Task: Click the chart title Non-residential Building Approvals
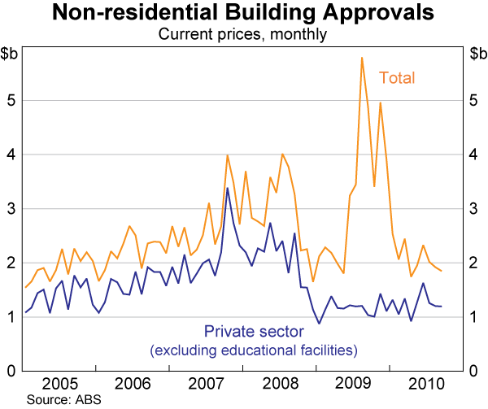pyautogui.click(x=243, y=14)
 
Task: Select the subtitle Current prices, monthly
pyautogui.click(x=243, y=34)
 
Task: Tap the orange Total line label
pyautogui.click(x=397, y=78)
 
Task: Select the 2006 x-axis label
pyautogui.click(x=133, y=384)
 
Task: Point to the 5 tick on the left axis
pyautogui.click(x=15, y=101)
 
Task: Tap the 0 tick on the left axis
pyautogui.click(x=15, y=371)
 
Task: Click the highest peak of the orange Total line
pyautogui.click(x=361, y=58)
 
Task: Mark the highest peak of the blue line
pyautogui.click(x=227, y=189)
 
